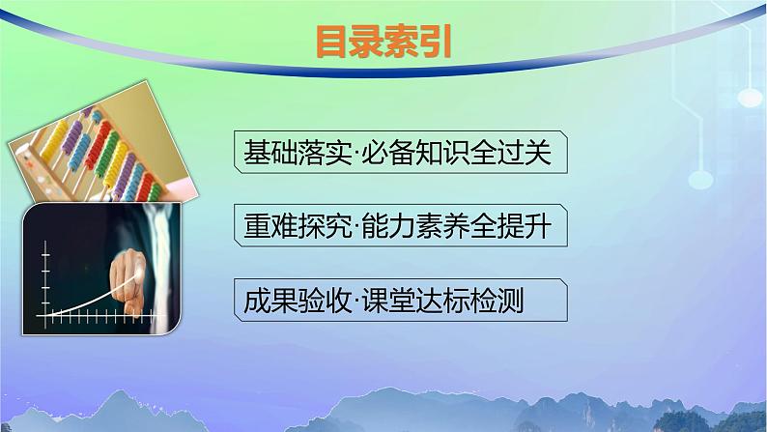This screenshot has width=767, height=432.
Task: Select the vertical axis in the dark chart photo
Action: pos(44,281)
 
